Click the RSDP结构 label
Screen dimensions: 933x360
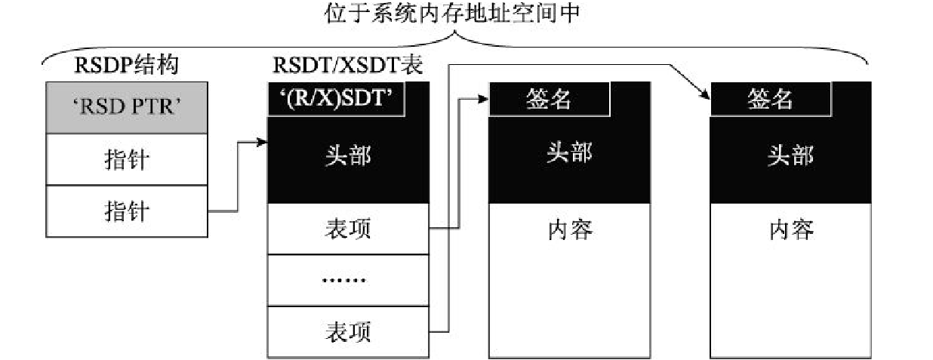click(x=126, y=66)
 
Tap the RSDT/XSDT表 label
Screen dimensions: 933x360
click(x=347, y=66)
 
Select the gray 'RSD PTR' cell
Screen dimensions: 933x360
click(x=126, y=107)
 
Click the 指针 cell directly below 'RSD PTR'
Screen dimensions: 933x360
click(x=126, y=159)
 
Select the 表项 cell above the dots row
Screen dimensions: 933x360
click(x=348, y=229)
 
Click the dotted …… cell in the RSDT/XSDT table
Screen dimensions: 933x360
click(x=348, y=280)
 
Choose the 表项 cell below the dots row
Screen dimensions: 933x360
click(x=348, y=331)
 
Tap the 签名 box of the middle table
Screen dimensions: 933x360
click(x=548, y=100)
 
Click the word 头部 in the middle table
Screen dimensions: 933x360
click(x=569, y=154)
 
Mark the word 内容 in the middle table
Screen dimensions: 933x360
click(x=569, y=229)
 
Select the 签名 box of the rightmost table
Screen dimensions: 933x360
click(x=770, y=100)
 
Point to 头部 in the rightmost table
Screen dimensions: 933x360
click(x=790, y=154)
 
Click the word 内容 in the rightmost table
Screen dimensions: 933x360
click(x=790, y=229)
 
